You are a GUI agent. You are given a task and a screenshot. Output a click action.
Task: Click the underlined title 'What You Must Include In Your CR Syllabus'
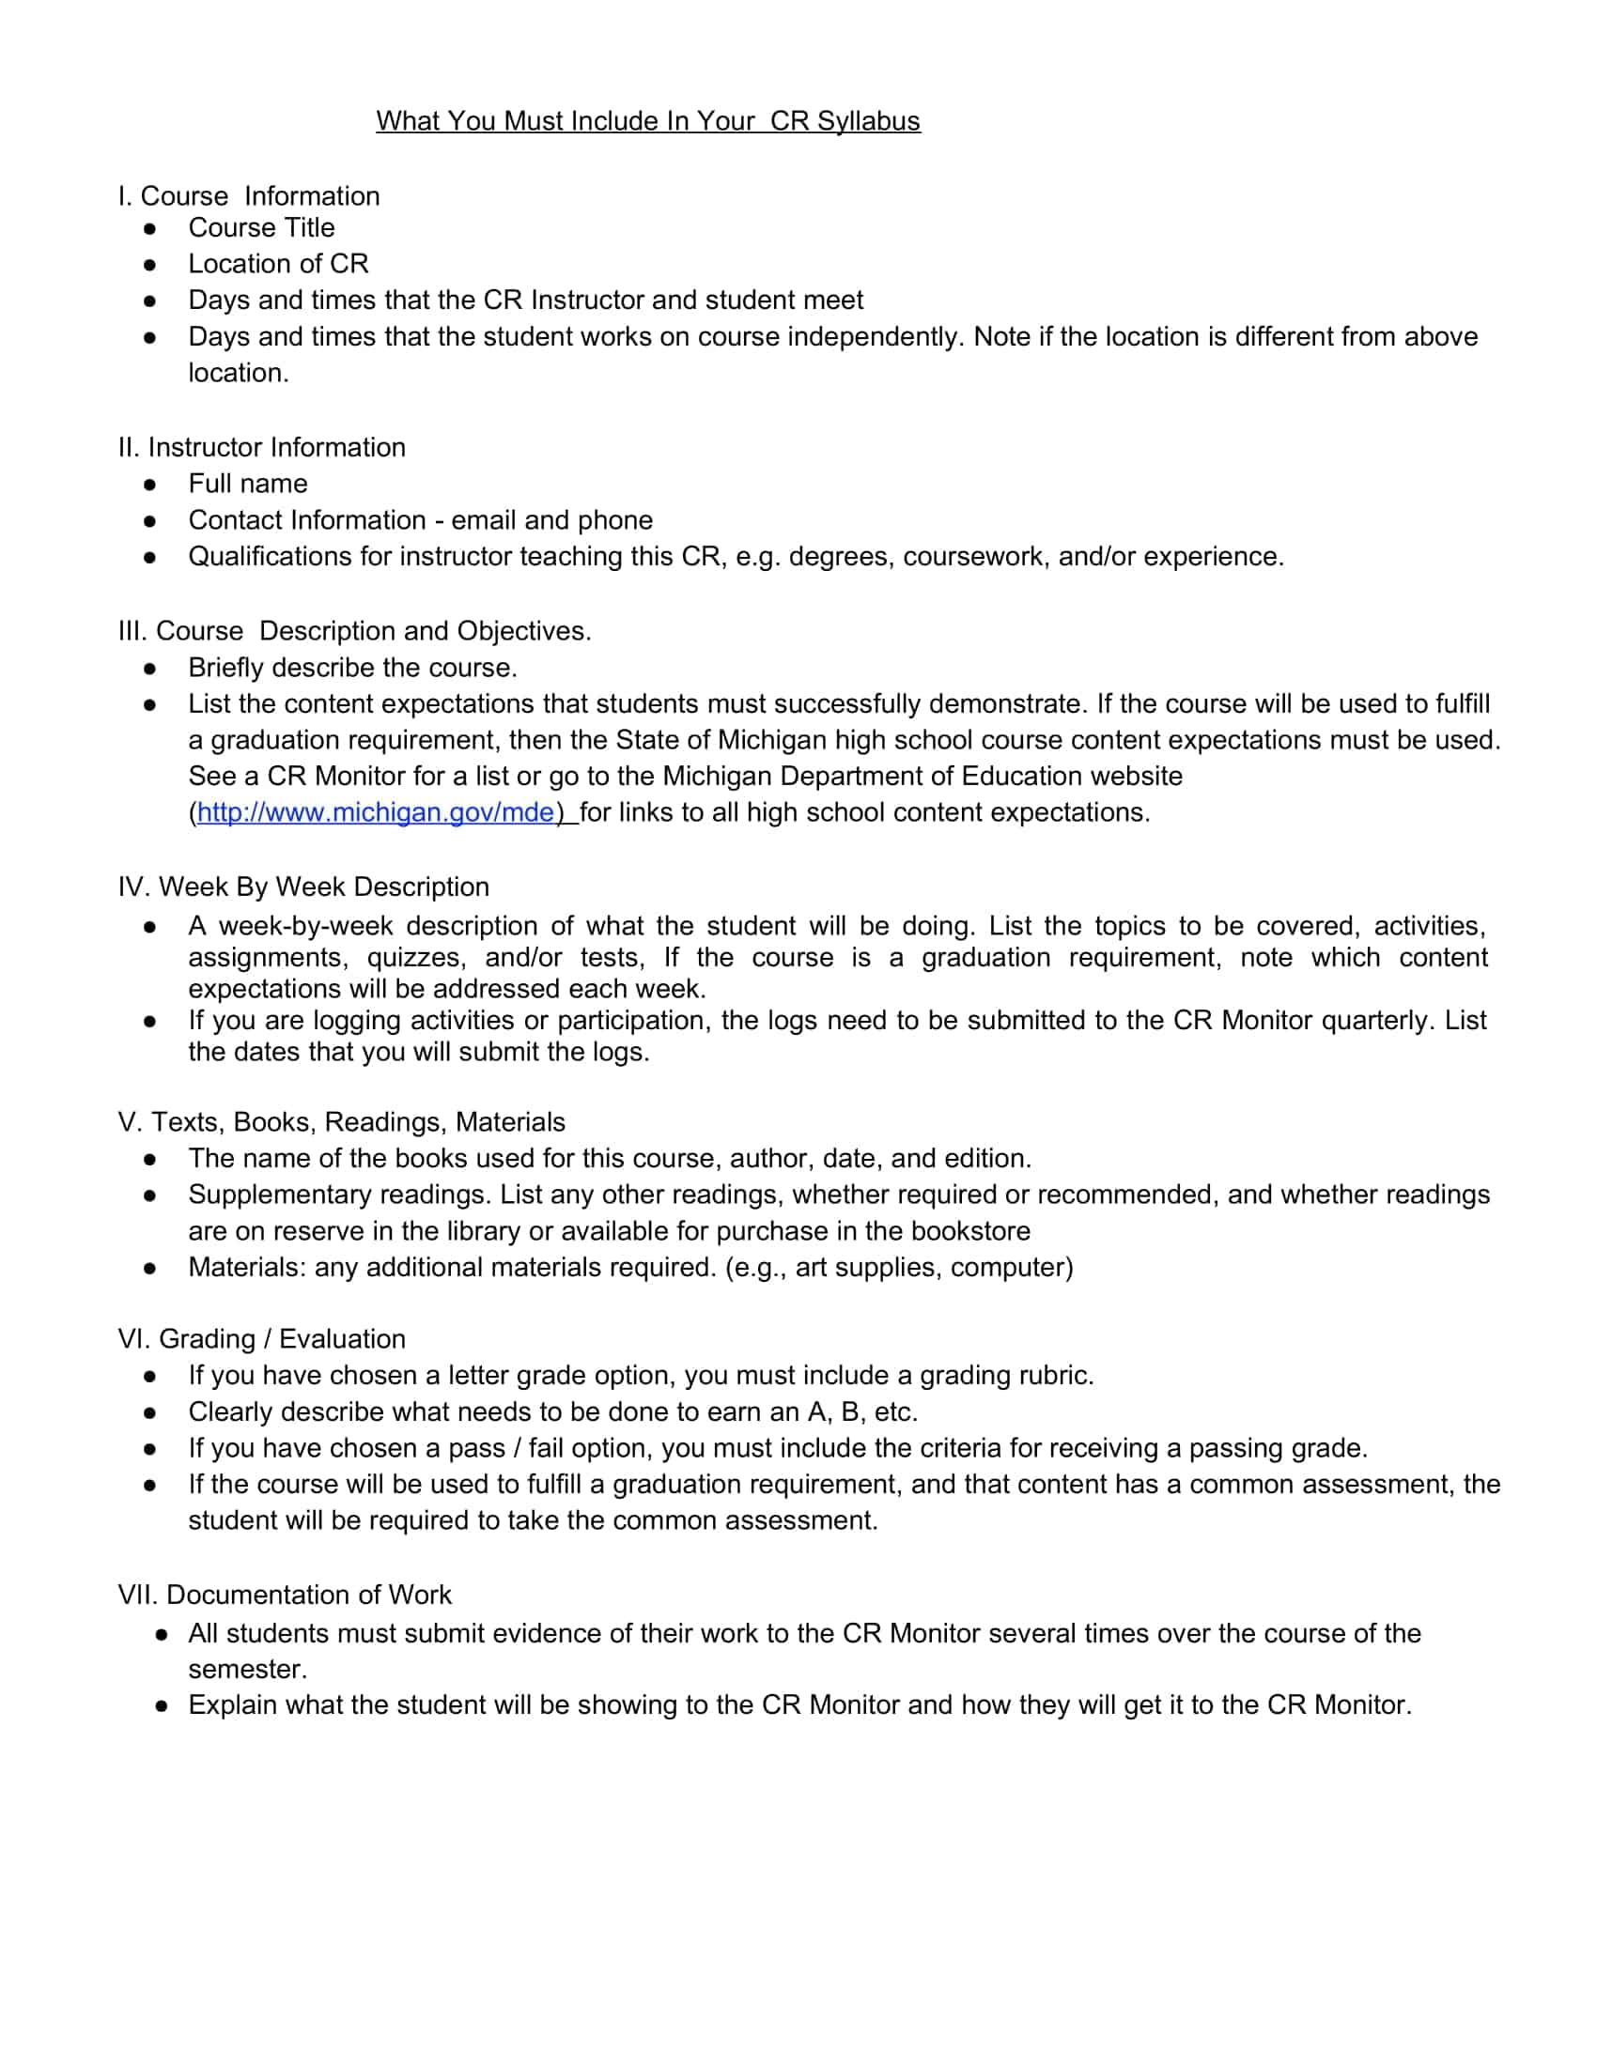coord(647,121)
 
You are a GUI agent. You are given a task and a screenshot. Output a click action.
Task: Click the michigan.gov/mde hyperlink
coord(376,812)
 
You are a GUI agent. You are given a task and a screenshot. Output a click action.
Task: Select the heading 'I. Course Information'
coord(249,196)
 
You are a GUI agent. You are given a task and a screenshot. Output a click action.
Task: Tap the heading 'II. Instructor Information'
coord(262,447)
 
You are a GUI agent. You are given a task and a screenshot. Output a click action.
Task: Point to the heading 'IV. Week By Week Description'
coord(303,887)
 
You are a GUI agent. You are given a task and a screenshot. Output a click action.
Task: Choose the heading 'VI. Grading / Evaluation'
coord(262,1339)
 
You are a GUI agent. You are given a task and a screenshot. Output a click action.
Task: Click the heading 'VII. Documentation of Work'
coord(285,1595)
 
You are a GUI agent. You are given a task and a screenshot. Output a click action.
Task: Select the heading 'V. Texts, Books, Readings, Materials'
coord(342,1122)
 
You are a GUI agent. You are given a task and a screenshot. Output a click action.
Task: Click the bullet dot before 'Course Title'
coord(149,229)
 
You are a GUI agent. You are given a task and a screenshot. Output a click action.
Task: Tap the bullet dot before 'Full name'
coord(149,486)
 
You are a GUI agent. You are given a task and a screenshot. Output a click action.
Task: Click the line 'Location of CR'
coord(278,264)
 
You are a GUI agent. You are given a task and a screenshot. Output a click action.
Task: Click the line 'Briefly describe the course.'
coord(353,668)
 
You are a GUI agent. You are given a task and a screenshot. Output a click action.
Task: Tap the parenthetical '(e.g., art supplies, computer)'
coord(899,1268)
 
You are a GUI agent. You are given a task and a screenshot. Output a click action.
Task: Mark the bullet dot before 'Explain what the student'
coord(162,1706)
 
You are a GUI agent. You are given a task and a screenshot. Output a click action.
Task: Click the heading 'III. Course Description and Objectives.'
coord(355,631)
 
